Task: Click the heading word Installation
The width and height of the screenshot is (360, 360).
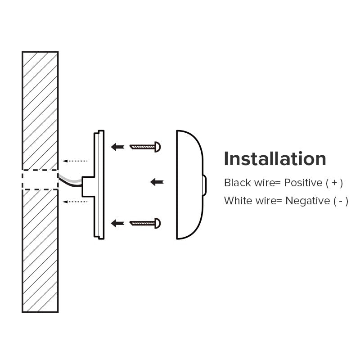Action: coord(275,158)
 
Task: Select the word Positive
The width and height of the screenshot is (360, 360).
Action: coord(303,183)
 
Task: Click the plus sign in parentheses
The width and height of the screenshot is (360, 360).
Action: coord(334,183)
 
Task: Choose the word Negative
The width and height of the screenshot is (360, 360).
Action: coord(308,201)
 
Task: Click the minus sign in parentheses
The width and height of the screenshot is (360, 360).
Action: coord(341,201)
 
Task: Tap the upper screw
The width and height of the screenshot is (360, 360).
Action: coord(145,147)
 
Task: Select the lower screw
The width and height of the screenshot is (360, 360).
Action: coord(145,223)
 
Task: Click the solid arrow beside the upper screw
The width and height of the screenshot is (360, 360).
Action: coord(117,147)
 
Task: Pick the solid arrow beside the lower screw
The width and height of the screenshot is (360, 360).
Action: coord(117,223)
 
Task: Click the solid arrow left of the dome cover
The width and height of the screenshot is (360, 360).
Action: coord(157,182)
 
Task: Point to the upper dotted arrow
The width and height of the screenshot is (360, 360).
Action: coord(75,161)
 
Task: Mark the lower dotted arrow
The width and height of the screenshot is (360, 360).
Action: coord(75,202)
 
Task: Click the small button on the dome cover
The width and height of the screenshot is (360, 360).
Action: coord(205,185)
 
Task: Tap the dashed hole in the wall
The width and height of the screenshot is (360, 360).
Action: coord(40,180)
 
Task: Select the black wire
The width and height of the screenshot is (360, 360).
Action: coord(70,183)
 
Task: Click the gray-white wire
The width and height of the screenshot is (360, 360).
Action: coord(70,179)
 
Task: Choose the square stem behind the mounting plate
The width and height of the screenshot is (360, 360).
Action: coord(88,187)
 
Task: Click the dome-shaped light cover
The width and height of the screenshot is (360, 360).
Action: coord(190,185)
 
